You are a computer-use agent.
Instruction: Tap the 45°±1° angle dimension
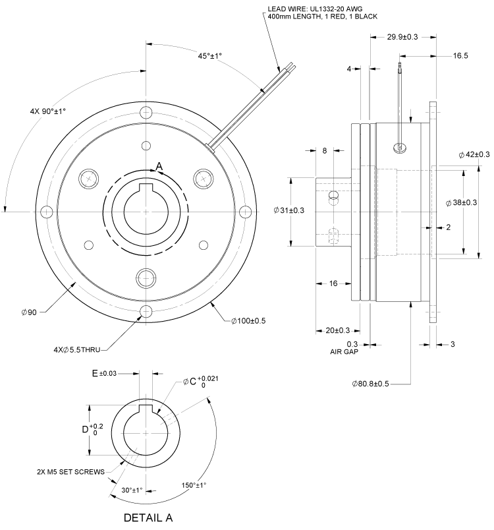(x=206, y=57)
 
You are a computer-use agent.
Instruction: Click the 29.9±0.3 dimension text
(x=402, y=38)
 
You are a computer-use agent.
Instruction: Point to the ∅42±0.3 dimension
(x=474, y=154)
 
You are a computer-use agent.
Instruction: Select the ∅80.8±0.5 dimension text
(x=368, y=382)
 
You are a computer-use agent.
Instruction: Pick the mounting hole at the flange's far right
(x=245, y=211)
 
